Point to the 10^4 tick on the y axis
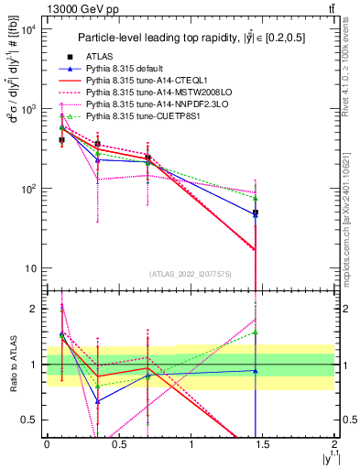(27, 29)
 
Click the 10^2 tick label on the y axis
(27, 189)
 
